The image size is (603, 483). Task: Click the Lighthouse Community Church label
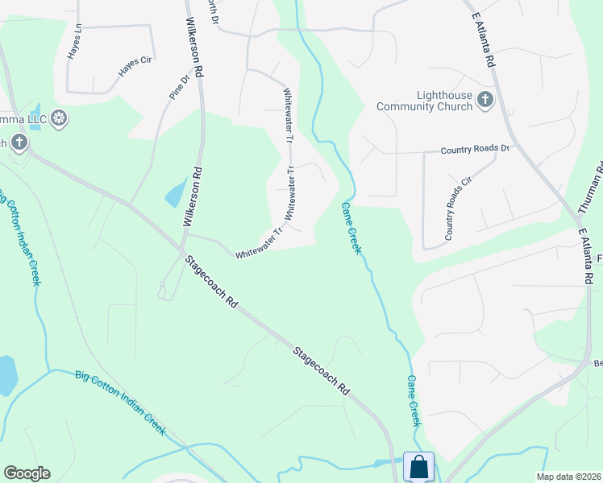(x=425, y=100)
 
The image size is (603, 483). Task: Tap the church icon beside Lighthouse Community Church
(x=484, y=100)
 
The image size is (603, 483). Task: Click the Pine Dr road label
(x=178, y=85)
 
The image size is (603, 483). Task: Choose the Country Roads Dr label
(x=476, y=149)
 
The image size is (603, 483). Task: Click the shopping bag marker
(x=418, y=466)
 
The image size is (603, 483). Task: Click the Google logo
(x=27, y=473)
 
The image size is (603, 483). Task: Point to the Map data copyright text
(x=568, y=477)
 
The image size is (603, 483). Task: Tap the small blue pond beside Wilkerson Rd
(x=175, y=194)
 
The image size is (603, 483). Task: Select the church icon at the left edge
(x=19, y=143)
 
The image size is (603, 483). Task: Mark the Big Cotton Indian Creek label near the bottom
(x=120, y=402)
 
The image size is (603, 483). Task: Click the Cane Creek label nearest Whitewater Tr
(x=351, y=227)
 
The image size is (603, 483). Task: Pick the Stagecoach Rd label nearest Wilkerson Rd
(x=212, y=283)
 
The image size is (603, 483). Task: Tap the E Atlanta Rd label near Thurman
(x=586, y=255)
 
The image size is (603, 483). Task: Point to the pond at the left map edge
(x=6, y=376)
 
